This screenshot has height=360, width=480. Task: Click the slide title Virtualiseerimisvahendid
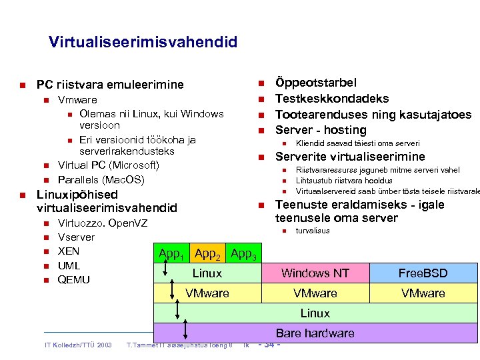[x=143, y=43]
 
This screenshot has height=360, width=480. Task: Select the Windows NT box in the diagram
[x=315, y=273]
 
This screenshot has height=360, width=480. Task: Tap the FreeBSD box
[x=423, y=273]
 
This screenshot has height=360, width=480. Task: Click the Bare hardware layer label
[x=315, y=333]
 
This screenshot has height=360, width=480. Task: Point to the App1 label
[x=171, y=253]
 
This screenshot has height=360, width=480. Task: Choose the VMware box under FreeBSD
[x=423, y=293]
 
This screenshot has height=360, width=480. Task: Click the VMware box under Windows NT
[x=315, y=293]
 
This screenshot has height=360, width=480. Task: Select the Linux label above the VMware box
[x=207, y=273]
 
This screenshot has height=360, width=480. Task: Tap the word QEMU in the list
[x=74, y=279]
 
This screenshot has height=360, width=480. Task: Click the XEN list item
[x=69, y=251]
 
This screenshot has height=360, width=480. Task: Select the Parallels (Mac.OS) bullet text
[x=101, y=180]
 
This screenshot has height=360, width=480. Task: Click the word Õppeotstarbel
[x=316, y=83]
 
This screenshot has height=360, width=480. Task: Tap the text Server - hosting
[x=321, y=130]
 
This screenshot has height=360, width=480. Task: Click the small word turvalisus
[x=313, y=231]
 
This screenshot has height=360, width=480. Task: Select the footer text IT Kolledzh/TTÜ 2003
[x=77, y=345]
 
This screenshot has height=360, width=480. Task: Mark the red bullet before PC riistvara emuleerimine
[x=22, y=85]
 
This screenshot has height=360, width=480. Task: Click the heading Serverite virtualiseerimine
[x=350, y=157]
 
